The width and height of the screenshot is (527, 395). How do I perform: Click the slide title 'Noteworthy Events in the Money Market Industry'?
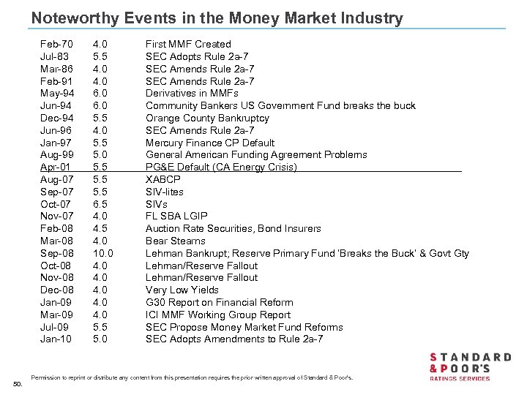(x=217, y=18)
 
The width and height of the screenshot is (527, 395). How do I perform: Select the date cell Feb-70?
(x=56, y=44)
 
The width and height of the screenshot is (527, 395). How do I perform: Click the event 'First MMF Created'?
(x=188, y=44)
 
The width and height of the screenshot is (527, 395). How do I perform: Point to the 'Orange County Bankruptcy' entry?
(x=207, y=118)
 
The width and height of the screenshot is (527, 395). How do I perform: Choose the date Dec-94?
(x=56, y=118)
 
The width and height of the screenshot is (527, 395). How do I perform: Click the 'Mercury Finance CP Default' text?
(x=210, y=143)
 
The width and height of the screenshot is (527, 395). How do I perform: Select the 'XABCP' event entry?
(x=163, y=179)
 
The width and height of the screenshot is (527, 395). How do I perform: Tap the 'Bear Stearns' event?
(x=176, y=241)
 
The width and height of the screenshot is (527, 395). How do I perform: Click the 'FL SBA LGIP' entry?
(x=176, y=216)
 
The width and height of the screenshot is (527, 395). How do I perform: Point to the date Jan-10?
(x=56, y=339)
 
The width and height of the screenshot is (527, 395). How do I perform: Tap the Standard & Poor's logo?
(x=469, y=366)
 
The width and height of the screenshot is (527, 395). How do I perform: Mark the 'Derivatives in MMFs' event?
(x=192, y=93)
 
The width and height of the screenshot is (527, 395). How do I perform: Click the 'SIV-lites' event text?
(x=165, y=192)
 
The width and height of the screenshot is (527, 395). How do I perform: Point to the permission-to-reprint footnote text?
(x=192, y=377)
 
